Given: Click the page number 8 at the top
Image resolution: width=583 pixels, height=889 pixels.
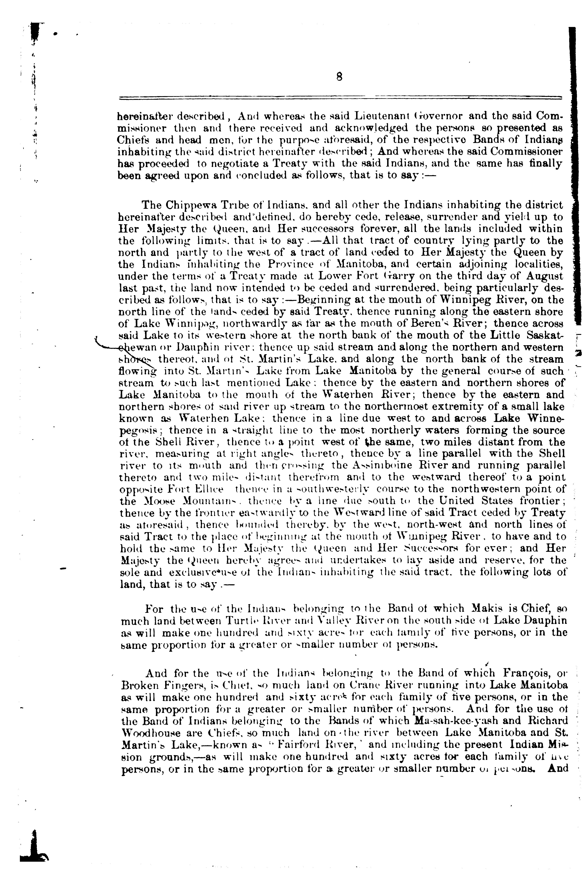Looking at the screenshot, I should (x=339, y=77).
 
